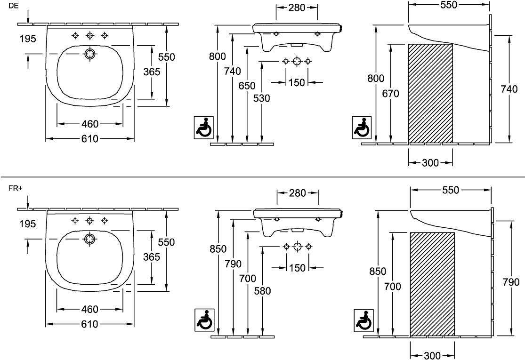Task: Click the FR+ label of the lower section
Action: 16,188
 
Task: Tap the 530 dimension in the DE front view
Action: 261,98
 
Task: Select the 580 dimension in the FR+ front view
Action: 262,291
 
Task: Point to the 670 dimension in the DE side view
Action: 391,93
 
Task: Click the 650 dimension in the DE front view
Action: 247,86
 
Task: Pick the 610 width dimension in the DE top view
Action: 90,138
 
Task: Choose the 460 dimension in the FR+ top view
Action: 90,309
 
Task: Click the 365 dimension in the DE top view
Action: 152,72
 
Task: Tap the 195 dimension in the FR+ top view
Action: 27,224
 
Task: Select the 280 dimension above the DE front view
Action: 297,8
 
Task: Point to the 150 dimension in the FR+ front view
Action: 297,268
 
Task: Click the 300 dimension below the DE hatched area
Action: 430,163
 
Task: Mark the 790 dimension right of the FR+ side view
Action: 510,282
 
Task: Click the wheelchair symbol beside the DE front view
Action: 204,127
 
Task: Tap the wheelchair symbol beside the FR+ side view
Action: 364,320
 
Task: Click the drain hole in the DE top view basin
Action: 90,54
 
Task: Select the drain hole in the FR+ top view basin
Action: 90,239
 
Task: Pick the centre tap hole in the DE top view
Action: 90,35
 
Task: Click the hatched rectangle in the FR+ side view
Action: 432,284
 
